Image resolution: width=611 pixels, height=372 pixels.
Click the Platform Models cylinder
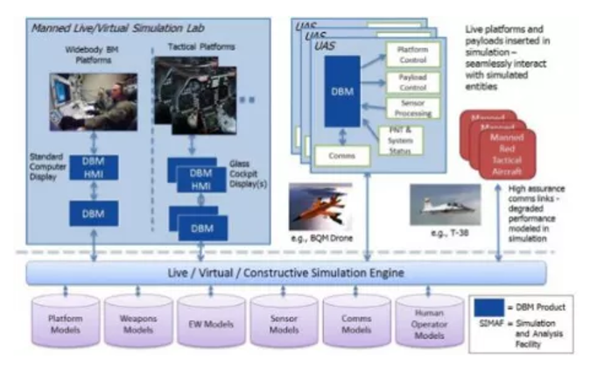[65, 325]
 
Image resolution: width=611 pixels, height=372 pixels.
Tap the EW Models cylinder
[210, 325]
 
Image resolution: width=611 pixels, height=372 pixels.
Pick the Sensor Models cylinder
[283, 325]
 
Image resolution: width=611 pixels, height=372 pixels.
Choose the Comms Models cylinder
[355, 325]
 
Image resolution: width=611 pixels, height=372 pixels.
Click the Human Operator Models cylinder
[429, 325]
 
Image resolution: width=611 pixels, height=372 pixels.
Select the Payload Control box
[412, 82]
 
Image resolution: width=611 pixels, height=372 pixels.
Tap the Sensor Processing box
[412, 109]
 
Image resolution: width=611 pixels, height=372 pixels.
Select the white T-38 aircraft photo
[445, 203]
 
